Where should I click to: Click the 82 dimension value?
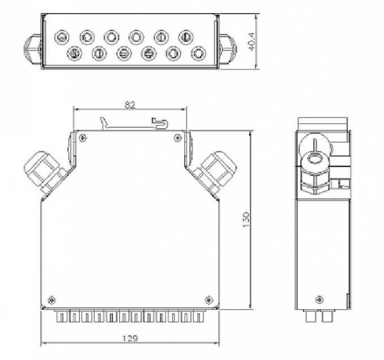[130, 103]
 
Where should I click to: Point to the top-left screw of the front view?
[83, 136]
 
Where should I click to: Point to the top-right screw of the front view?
[178, 136]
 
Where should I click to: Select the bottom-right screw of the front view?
[209, 299]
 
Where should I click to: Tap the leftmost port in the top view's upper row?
[61, 37]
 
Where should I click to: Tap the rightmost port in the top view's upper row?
[185, 37]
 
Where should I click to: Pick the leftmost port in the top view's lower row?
[73, 54]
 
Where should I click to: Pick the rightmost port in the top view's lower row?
[197, 54]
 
